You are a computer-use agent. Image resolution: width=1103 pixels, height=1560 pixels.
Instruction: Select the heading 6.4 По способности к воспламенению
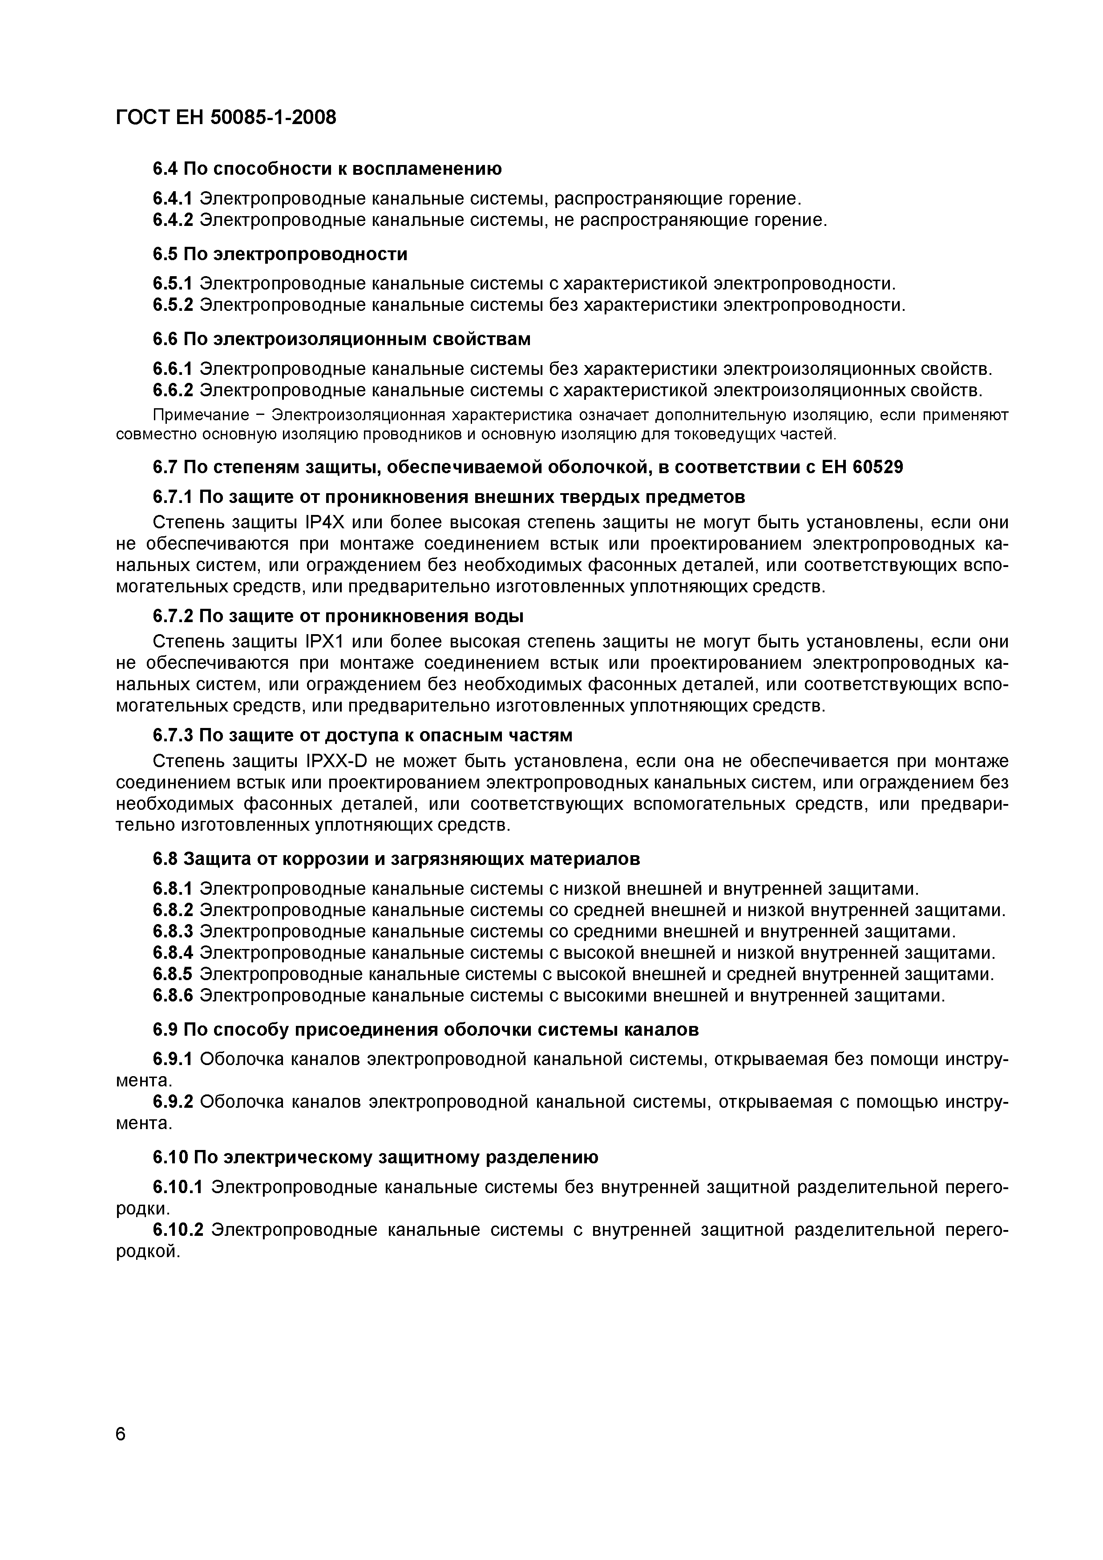pos(327,169)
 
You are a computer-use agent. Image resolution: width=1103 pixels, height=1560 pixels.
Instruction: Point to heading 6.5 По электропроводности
pos(280,254)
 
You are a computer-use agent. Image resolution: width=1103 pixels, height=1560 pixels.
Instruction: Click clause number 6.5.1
pos(173,283)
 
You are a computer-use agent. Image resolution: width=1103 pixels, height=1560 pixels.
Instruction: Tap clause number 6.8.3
pos(173,932)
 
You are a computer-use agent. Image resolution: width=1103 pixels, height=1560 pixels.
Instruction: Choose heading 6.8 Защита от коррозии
pos(396,860)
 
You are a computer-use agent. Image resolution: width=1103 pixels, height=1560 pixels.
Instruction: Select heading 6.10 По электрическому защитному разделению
pos(375,1157)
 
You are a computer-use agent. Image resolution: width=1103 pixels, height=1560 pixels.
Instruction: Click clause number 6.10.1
pos(178,1187)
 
